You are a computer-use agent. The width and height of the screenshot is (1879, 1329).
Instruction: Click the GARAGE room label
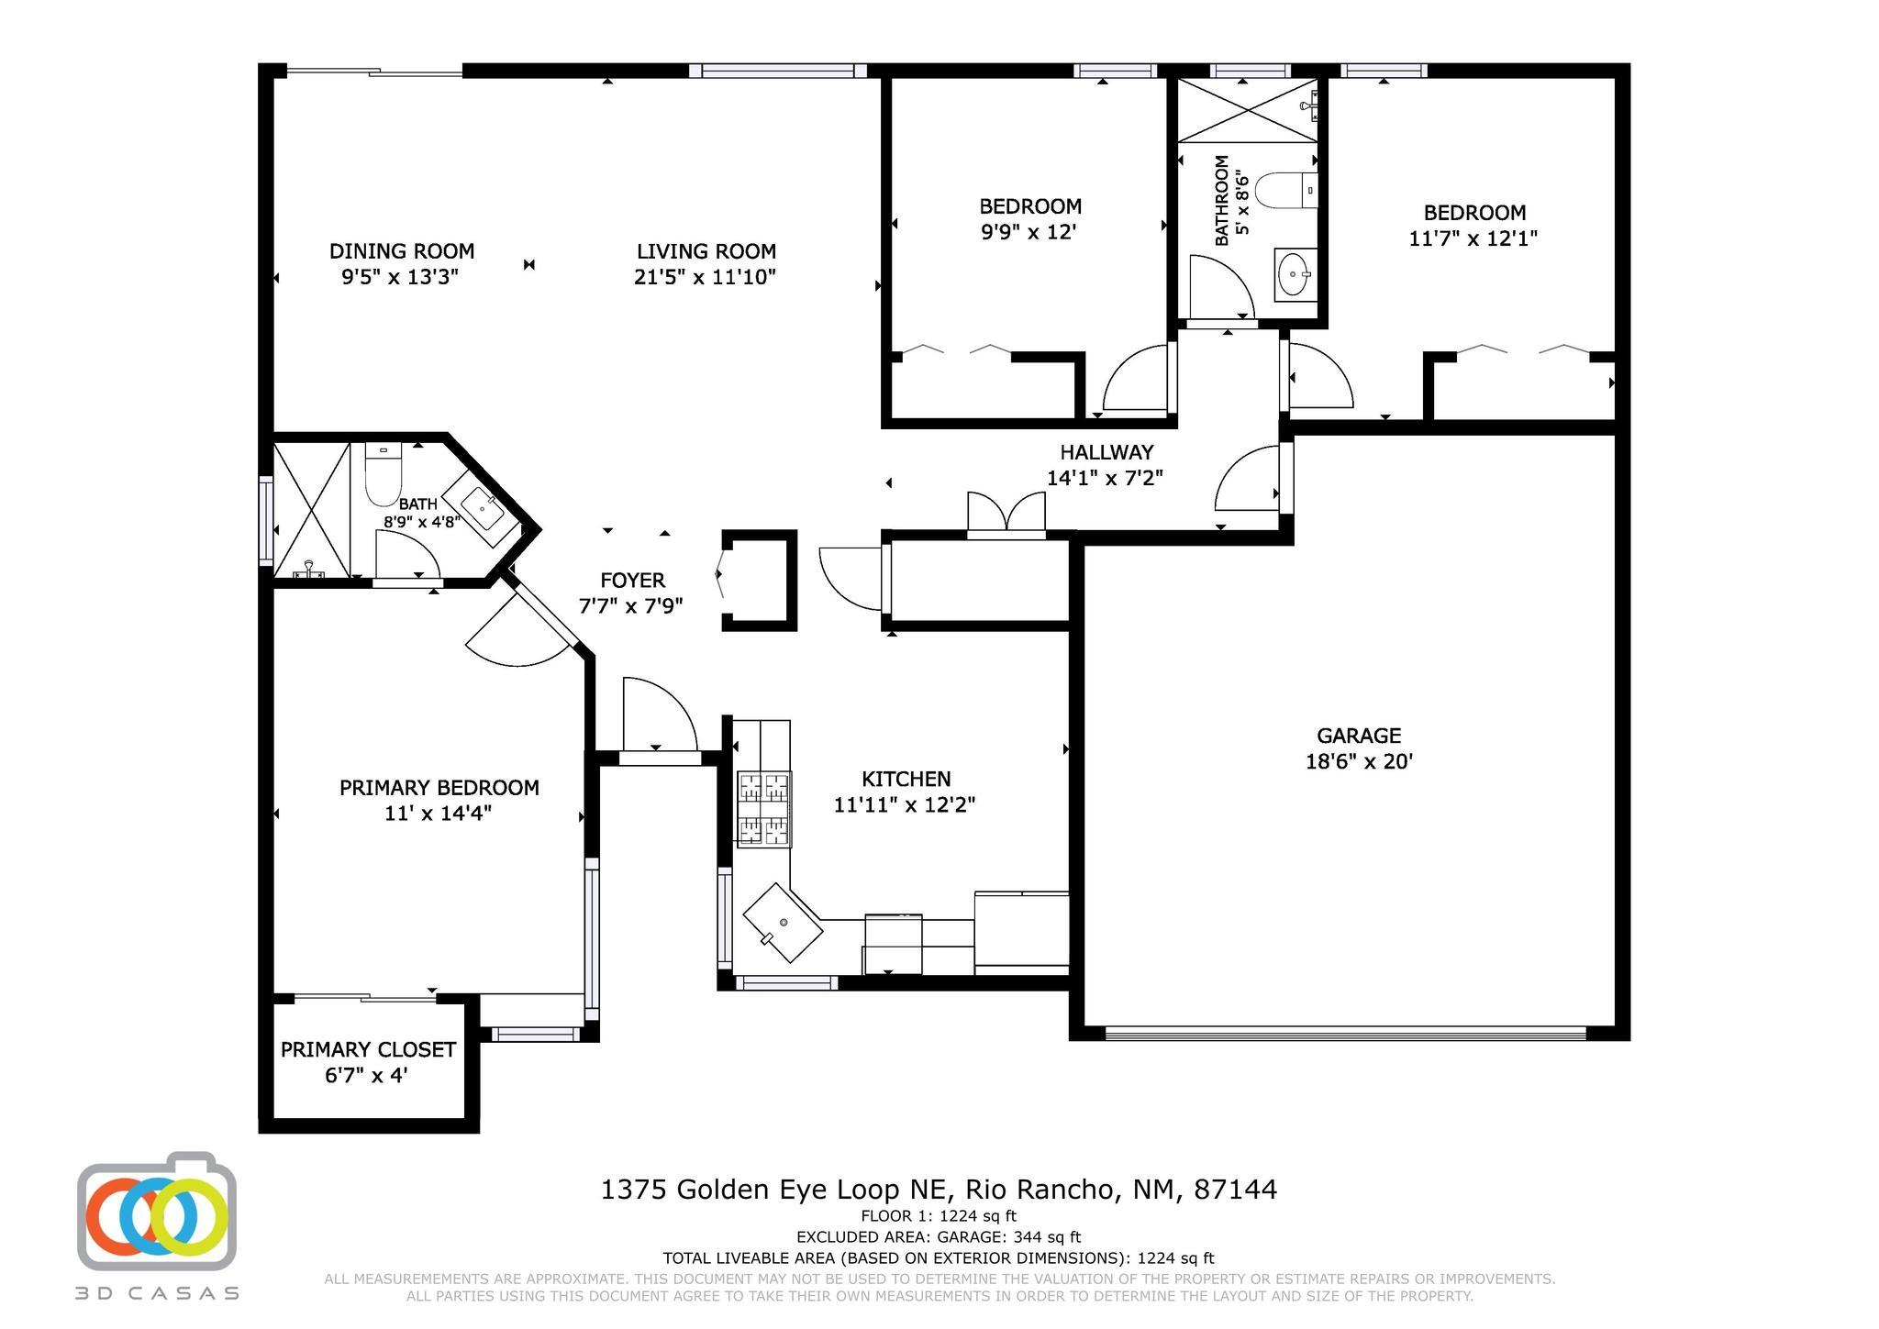[1358, 736]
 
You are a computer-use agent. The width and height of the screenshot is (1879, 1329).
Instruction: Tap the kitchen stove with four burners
[764, 808]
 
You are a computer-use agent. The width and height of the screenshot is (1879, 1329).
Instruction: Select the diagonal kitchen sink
[783, 923]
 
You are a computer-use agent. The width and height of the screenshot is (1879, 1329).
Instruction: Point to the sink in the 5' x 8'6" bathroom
[1295, 273]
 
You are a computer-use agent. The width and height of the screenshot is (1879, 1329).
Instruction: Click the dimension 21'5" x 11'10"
[705, 277]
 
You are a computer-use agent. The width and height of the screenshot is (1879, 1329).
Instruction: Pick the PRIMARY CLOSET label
[368, 1049]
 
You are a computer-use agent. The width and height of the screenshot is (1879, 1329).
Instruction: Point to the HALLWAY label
[1106, 452]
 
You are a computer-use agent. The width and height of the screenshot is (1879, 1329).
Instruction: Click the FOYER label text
[632, 581]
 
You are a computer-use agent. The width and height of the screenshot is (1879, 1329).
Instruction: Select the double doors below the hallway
[1006, 514]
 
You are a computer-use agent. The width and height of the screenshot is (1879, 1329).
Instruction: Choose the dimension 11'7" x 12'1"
[1473, 238]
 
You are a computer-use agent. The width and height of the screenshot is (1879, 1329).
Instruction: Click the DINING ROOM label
[402, 251]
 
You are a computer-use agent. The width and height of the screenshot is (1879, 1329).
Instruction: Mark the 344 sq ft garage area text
[1046, 1237]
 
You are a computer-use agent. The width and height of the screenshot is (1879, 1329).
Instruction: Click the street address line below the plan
[939, 1190]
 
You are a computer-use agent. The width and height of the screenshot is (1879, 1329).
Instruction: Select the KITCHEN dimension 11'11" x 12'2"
[904, 805]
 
